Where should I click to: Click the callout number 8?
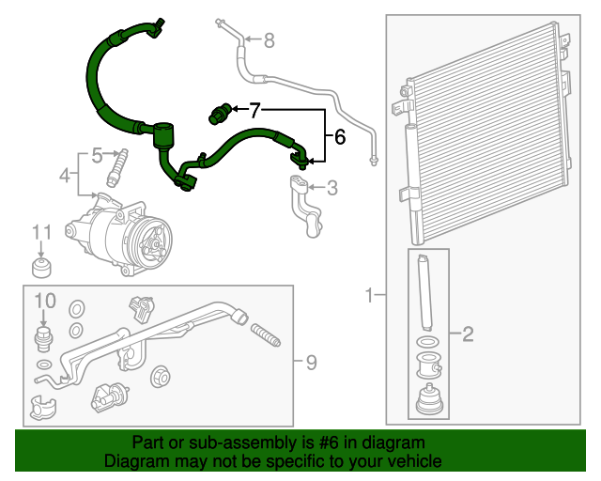tap(270, 39)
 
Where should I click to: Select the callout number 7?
tap(254, 111)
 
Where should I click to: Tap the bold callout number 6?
tap(340, 136)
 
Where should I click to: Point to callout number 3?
tap(331, 188)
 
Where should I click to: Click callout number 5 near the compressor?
tap(97, 155)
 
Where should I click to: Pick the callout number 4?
tap(65, 176)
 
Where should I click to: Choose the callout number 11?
tap(41, 232)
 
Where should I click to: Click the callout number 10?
tap(45, 301)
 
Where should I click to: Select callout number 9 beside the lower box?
tap(311, 363)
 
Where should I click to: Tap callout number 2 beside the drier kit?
tap(468, 334)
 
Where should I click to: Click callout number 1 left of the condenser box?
tap(369, 295)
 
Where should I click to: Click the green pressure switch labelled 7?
tap(220, 114)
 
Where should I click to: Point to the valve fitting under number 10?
tap(44, 339)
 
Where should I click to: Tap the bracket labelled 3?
tap(307, 206)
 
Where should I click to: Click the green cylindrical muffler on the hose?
tap(163, 135)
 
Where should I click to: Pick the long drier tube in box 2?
tap(424, 292)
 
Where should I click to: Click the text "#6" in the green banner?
tap(329, 442)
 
